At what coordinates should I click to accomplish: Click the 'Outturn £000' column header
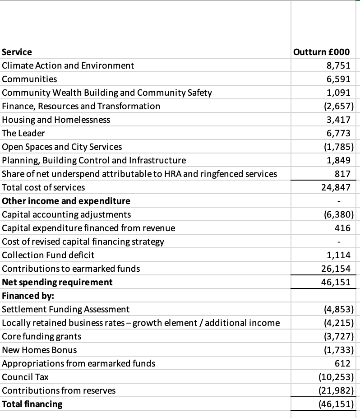321,52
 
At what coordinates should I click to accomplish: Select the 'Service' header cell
17,52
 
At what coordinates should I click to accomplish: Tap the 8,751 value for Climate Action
338,65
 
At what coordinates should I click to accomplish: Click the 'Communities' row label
30,79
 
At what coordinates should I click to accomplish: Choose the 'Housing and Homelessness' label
56,120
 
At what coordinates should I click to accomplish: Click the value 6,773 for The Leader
338,133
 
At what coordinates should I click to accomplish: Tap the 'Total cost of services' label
43,187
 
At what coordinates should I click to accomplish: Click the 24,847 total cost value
336,187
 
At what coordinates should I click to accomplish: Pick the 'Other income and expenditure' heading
66,201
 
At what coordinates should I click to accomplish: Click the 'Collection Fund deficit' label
48,255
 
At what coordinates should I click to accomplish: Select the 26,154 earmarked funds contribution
336,269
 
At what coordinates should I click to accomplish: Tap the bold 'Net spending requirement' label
57,282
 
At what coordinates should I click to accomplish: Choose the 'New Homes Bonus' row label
39,350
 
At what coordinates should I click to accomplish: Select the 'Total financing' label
32,404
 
